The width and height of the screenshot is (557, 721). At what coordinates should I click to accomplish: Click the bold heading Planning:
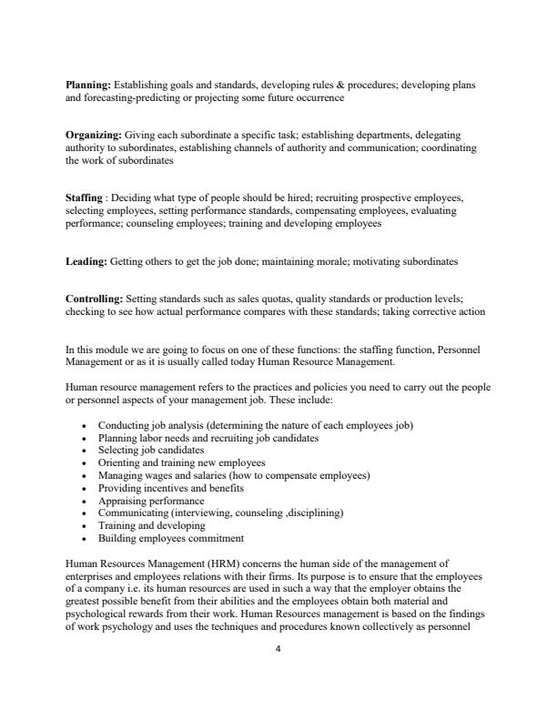87,85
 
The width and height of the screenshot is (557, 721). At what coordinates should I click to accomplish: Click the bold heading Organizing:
93,135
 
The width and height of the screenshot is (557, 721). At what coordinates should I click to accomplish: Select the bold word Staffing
84,197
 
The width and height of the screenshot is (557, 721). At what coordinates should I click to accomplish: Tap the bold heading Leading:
86,261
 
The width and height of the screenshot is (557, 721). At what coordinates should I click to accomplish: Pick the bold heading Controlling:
95,299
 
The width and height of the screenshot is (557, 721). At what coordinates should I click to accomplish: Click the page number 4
278,649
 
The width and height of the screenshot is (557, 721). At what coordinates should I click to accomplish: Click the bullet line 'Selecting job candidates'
151,450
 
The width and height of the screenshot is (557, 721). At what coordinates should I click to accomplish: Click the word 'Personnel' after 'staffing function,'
464,350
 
